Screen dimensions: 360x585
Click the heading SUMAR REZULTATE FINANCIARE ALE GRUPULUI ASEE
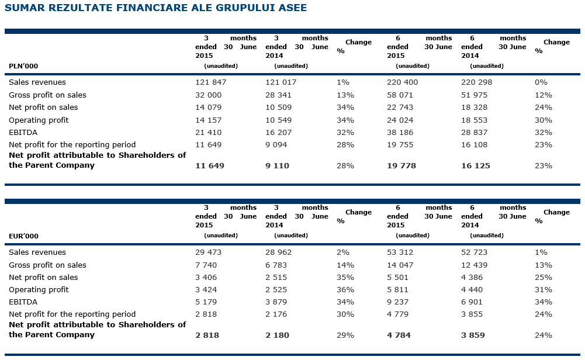pyautogui.click(x=155, y=8)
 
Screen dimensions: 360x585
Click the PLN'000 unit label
pyautogui.click(x=23, y=66)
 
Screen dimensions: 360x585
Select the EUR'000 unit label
pyautogui.click(x=23, y=236)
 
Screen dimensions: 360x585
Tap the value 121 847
pyautogui.click(x=210, y=82)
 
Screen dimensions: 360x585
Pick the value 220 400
pyautogui.click(x=402, y=82)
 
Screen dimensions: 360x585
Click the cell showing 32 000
pyautogui.click(x=208, y=95)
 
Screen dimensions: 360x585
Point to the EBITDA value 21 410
pyautogui.click(x=208, y=133)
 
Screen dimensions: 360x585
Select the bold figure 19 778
pyautogui.click(x=401, y=166)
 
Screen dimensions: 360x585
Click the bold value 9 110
pyautogui.click(x=277, y=166)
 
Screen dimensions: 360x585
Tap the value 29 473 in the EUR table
pyautogui.click(x=208, y=252)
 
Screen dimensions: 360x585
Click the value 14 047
pyautogui.click(x=400, y=265)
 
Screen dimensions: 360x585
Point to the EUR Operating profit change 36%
pyautogui.click(x=345, y=290)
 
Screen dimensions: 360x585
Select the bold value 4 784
pyautogui.click(x=399, y=335)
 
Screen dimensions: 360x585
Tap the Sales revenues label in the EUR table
pyautogui.click(x=37, y=252)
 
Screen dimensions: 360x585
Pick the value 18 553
pyautogui.click(x=475, y=120)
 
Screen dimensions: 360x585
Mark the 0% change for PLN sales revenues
pyautogui.click(x=541, y=82)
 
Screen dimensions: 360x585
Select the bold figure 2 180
pyautogui.click(x=277, y=335)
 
